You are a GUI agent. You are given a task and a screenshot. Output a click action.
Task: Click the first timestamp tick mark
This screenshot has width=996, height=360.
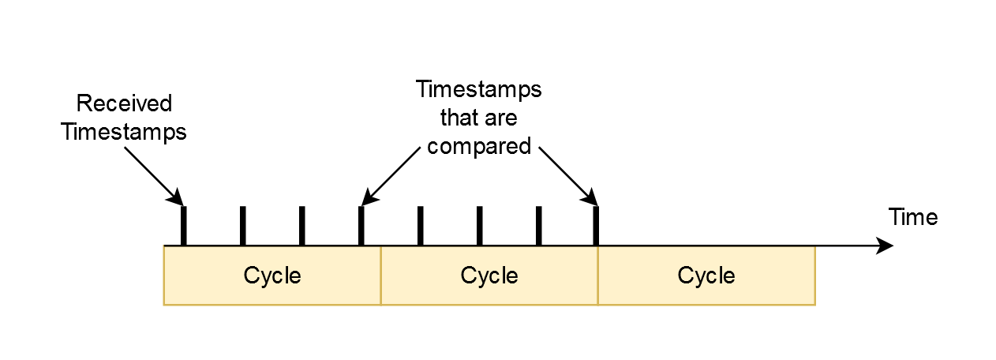183,227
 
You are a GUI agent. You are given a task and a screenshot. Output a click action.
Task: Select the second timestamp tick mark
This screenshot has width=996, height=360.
242,227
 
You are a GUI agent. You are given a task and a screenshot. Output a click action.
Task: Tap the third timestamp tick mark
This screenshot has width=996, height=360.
301,227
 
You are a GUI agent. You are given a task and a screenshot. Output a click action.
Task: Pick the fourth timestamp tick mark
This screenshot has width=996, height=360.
361,227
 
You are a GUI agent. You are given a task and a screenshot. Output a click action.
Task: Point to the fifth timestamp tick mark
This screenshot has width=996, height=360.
420,227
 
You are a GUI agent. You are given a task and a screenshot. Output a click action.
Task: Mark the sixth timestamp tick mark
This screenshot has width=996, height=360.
479,227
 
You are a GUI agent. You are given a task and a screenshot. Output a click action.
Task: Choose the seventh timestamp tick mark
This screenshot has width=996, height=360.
538,227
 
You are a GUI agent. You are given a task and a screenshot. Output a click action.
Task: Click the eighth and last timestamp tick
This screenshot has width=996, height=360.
596,227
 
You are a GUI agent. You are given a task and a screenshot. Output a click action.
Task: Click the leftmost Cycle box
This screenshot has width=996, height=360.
272,276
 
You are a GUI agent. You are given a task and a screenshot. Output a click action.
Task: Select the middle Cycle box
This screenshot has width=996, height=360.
489,276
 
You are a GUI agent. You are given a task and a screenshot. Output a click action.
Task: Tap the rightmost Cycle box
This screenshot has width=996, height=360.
706,276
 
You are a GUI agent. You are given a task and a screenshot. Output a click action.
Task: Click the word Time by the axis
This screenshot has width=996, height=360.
913,217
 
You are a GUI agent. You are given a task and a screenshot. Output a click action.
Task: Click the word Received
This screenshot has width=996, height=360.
124,103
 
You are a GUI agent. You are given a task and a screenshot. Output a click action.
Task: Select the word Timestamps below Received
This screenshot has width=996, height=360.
124,132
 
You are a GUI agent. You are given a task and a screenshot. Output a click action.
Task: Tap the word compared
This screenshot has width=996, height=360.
479,146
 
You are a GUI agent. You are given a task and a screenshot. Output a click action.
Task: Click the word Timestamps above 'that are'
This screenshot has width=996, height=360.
479,89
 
